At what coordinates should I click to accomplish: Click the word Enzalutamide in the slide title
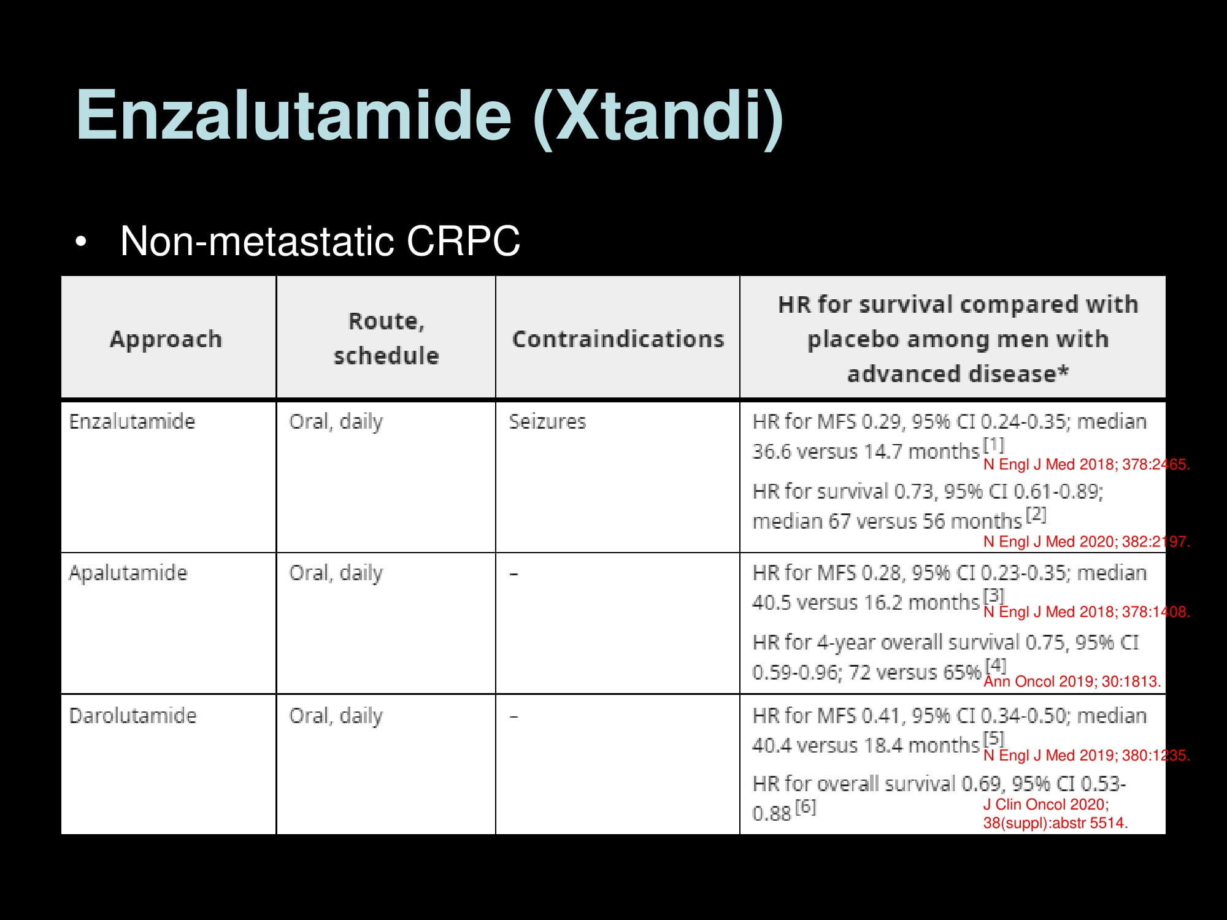294,115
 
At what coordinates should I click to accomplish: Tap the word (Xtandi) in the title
658,117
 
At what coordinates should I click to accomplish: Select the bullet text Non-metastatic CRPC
320,241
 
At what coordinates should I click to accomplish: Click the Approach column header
166,339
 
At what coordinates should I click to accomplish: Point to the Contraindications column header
618,339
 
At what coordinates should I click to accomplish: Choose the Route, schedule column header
386,338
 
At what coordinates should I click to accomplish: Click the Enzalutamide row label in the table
132,421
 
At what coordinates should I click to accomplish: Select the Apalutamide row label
128,573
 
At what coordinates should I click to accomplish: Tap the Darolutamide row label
133,716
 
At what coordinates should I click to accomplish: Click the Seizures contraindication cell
547,421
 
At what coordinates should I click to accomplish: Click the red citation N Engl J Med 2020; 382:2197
1087,542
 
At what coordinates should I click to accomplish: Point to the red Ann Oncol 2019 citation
1072,681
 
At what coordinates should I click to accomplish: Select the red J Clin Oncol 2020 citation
1056,814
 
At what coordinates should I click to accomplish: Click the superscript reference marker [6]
806,807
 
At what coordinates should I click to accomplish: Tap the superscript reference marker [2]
1036,514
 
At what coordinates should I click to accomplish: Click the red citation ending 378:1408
1087,612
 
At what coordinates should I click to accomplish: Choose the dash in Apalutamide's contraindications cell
514,574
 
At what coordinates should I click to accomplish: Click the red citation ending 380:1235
1087,755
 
